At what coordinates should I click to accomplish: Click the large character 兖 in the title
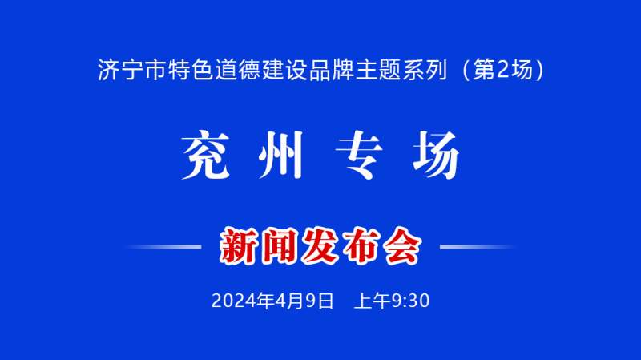(206, 155)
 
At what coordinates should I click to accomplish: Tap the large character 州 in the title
(281, 156)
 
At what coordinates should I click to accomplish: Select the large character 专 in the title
(359, 156)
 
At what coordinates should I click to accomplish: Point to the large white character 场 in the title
(436, 155)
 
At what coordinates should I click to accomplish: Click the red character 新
(239, 246)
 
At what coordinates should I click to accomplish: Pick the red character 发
(320, 246)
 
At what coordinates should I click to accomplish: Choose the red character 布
(361, 246)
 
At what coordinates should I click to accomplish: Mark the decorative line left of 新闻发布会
(163, 247)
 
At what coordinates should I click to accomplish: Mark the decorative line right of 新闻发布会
(478, 247)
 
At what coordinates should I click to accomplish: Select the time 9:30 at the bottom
(410, 301)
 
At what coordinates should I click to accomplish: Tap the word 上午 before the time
(373, 301)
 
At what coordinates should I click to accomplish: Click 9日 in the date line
(320, 301)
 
